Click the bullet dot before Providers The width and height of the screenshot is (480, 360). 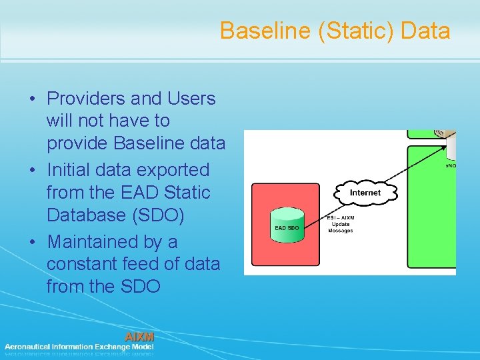click(33, 99)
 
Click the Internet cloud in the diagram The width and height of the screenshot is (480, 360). click(365, 193)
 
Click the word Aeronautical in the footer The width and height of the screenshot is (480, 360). click(29, 347)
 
